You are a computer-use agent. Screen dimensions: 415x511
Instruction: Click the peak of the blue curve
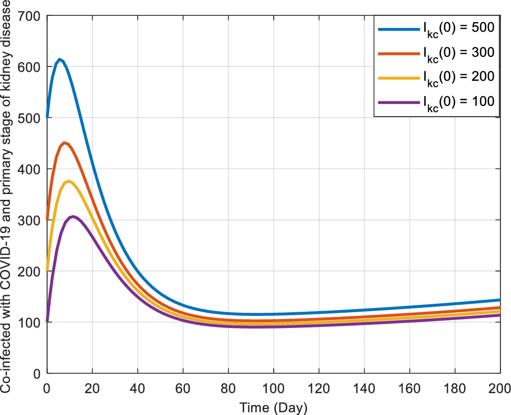60,60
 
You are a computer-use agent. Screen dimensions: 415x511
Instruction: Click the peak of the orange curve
64,143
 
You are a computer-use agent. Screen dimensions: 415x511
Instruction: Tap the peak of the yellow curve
69,181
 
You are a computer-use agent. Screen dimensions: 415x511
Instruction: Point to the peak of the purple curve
73,217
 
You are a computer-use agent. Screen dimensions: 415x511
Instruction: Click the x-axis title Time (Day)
273,408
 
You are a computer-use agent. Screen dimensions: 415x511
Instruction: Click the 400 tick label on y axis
31,169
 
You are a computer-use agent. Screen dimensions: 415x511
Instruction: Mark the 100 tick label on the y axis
31,322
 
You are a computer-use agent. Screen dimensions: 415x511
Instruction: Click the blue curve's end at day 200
499,300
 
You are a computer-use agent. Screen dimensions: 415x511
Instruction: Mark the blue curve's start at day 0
47,117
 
